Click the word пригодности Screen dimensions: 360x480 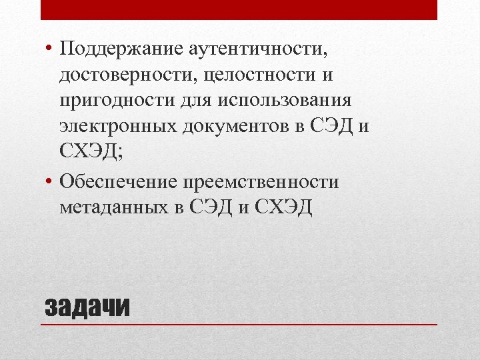click(x=116, y=101)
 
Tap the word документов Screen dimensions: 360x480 click(x=237, y=127)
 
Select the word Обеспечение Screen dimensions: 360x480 click(x=117, y=182)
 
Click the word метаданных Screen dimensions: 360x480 click(x=113, y=207)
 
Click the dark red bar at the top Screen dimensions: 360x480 click(x=239, y=9)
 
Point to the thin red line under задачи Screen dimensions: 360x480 click(x=239, y=324)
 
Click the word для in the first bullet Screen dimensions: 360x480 click(x=194, y=101)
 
